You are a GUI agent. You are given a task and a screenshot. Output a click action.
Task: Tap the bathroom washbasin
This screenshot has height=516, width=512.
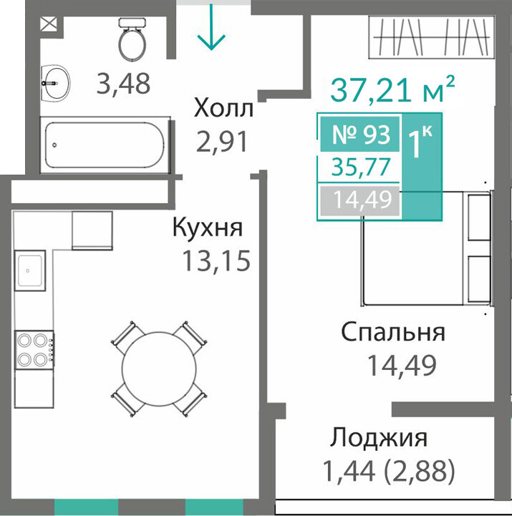[x=55, y=83]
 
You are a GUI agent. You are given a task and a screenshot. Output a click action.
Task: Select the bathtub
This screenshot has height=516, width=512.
[x=105, y=145]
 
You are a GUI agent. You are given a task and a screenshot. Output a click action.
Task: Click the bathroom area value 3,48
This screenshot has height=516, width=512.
[x=123, y=84]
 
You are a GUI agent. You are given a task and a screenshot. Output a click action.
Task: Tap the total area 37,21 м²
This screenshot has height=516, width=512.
[x=392, y=88]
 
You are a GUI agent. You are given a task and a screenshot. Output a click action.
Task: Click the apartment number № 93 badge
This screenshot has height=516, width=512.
[x=360, y=135]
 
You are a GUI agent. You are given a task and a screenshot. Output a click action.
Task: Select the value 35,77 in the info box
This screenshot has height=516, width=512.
[x=360, y=167]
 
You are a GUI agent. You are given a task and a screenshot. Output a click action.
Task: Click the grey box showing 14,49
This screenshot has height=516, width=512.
[x=360, y=200]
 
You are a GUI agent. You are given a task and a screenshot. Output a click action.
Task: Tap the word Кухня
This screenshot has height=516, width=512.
[x=208, y=228]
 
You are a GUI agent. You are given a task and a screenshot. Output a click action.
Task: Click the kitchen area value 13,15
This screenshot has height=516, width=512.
[x=216, y=261]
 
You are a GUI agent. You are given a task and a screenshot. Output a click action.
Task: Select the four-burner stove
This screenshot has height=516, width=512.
[x=34, y=350]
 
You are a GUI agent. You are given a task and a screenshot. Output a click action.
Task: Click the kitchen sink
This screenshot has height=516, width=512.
[x=29, y=271]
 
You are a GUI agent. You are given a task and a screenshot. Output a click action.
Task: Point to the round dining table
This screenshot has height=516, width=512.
[x=159, y=369]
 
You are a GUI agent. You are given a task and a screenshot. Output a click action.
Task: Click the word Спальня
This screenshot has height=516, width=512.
[x=393, y=333]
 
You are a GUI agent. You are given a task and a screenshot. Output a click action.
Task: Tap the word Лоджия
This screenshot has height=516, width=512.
[x=379, y=438]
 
